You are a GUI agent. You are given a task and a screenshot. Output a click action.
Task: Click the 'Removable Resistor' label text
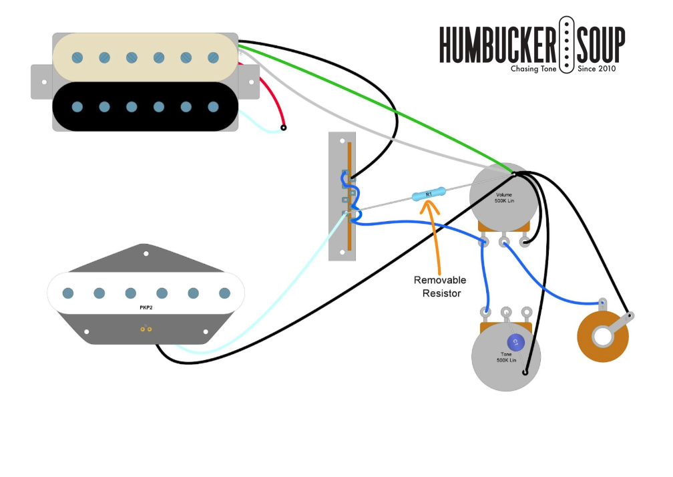pos(440,286)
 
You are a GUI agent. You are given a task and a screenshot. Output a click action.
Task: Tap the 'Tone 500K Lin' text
pos(507,357)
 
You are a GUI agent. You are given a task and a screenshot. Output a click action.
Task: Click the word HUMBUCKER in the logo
pos(497,45)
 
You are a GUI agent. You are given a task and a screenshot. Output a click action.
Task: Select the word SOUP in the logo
pos(601,45)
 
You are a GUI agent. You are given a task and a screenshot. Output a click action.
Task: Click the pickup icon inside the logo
pos(566,45)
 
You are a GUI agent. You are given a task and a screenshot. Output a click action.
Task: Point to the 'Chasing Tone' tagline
pos(533,69)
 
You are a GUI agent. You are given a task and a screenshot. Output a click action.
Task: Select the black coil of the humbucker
pos(146,106)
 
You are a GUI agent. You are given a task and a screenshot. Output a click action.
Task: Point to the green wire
pos(374,106)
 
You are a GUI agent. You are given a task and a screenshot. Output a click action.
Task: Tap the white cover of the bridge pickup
pos(146,293)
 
